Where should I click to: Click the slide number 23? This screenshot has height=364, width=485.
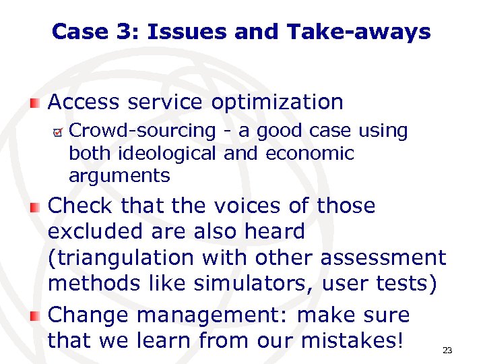447,351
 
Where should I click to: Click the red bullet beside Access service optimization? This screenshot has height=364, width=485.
34,103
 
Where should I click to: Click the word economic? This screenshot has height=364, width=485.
310,154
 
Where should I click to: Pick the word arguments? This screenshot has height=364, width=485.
119,177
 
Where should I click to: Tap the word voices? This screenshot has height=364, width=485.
259,206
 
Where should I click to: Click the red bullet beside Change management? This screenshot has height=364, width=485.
34,316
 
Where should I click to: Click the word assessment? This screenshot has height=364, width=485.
383,257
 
